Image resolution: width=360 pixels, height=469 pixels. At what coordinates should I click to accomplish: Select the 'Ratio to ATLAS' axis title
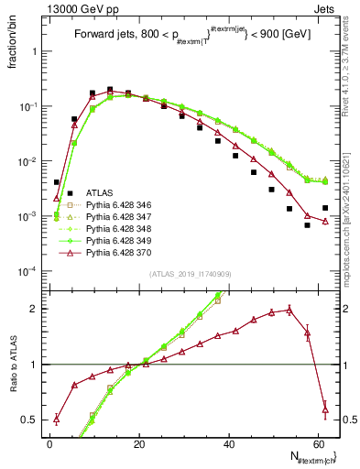12,363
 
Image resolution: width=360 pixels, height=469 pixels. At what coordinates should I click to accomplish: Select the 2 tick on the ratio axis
35,309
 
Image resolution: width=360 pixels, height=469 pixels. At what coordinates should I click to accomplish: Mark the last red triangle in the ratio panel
325,409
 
